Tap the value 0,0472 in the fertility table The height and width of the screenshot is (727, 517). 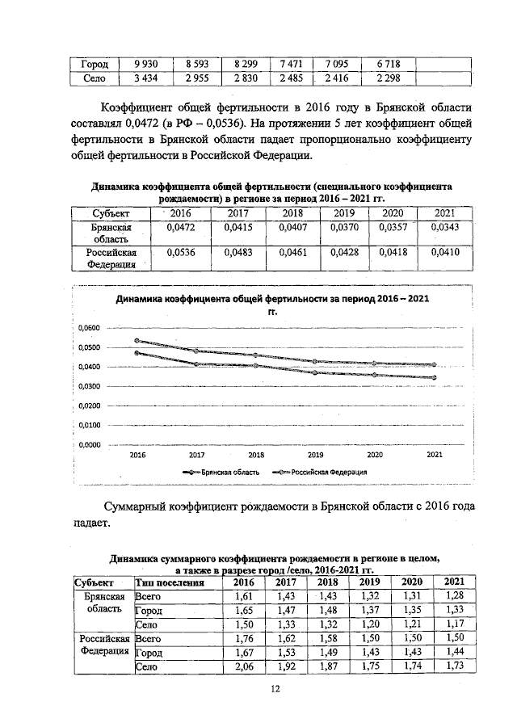coord(180,229)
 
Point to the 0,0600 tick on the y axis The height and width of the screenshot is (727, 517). coord(89,328)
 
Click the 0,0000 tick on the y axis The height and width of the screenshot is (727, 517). coord(89,444)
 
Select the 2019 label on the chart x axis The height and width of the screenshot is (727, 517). coord(316,455)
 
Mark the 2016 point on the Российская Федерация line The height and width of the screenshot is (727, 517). coord(137,340)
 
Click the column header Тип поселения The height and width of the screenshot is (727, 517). coord(168,582)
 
